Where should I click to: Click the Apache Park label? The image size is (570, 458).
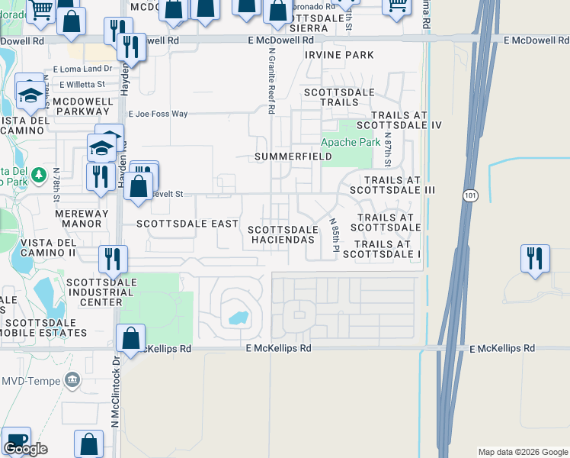[x=351, y=142]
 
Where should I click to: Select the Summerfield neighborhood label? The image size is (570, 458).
[x=293, y=156]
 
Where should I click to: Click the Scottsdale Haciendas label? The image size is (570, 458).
[x=282, y=234]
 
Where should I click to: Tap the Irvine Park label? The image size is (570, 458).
[x=339, y=55]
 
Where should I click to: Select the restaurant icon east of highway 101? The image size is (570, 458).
[x=535, y=258]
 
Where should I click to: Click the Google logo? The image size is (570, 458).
[x=25, y=449]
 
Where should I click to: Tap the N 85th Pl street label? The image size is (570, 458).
[x=334, y=235]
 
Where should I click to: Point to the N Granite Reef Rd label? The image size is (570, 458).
[x=271, y=80]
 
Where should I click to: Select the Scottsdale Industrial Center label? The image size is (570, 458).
[x=94, y=292]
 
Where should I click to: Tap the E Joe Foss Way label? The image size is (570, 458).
[x=158, y=114]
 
